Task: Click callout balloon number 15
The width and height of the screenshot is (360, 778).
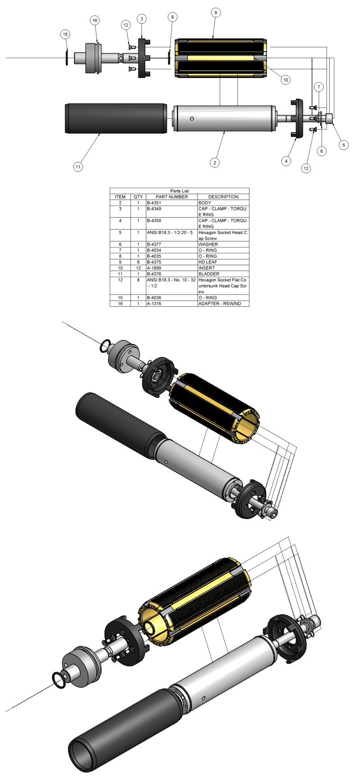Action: click(x=66, y=34)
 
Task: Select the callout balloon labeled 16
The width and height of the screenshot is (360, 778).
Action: click(x=94, y=20)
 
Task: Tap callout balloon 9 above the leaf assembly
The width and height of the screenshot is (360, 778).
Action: click(x=216, y=13)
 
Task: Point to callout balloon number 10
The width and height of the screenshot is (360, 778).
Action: click(x=285, y=80)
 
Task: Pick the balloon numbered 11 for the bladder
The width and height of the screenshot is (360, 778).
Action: click(x=78, y=167)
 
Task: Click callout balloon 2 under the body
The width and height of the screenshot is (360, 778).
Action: click(x=215, y=162)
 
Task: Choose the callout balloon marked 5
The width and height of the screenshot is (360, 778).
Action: click(x=344, y=145)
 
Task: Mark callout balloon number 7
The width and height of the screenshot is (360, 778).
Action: click(x=318, y=86)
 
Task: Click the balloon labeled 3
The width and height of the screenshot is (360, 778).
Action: click(x=142, y=19)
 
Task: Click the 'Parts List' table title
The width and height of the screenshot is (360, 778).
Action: click(x=180, y=191)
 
